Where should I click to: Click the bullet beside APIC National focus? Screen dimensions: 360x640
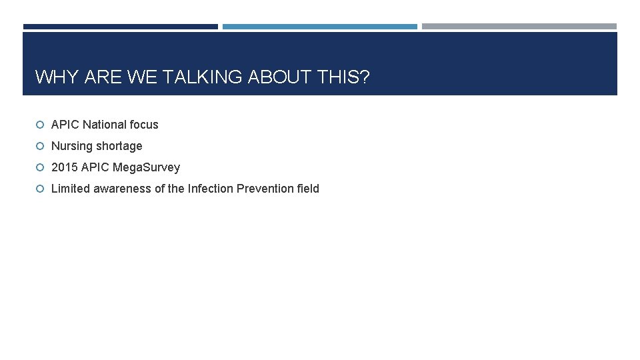[40, 125]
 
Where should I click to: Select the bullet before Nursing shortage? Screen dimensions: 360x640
[40, 146]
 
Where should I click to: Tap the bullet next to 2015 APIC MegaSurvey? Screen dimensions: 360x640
[40, 167]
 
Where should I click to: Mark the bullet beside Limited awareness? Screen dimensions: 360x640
[40, 189]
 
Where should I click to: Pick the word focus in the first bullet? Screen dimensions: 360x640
[145, 125]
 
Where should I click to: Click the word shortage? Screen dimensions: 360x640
[119, 146]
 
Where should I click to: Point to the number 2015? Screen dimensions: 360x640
[64, 167]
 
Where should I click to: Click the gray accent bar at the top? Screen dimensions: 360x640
[519, 27]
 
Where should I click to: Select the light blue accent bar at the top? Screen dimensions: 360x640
[320, 27]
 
